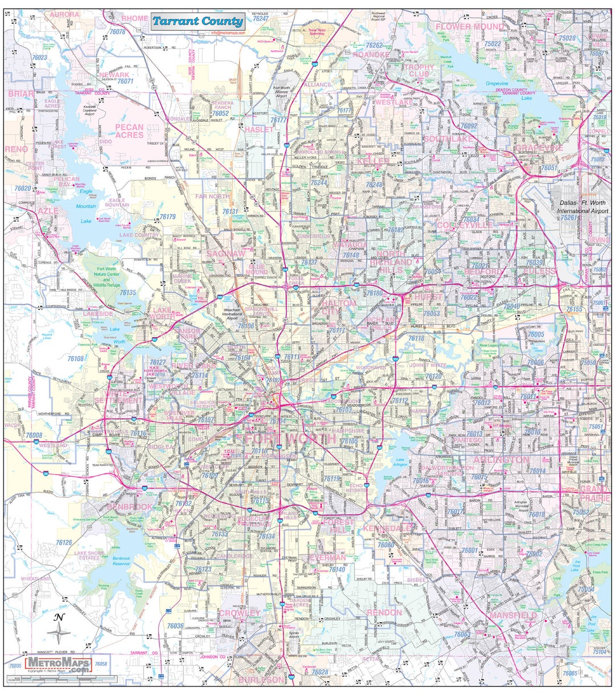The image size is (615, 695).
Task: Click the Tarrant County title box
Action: click(198, 22)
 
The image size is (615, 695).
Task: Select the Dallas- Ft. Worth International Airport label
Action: click(584, 206)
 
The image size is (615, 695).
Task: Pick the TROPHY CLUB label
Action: click(419, 71)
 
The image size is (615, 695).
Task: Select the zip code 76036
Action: click(175, 625)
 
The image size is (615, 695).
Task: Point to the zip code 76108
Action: click(76, 359)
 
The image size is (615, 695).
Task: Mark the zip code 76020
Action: click(23, 188)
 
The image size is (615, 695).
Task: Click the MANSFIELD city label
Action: click(513, 616)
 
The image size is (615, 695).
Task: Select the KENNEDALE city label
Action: click(387, 529)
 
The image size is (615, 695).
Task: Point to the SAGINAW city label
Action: click(226, 253)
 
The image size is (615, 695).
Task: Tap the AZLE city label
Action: click(48, 211)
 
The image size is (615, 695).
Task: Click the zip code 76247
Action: click(260, 19)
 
